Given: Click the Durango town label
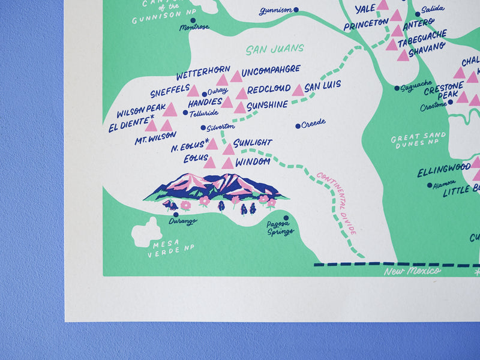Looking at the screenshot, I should point(182,221).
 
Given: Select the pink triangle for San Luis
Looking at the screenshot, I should point(298,90).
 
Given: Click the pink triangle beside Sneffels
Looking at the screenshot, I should point(193,91).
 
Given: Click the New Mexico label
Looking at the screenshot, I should point(412,271).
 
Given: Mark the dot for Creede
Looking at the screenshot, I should point(298,126).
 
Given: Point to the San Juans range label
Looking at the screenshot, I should point(275,48).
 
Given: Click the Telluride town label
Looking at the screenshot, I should point(203,113).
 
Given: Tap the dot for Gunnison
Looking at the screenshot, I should point(296,10).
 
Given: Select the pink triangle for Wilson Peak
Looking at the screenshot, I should point(170,109).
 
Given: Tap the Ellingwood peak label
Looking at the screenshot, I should point(444,167).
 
